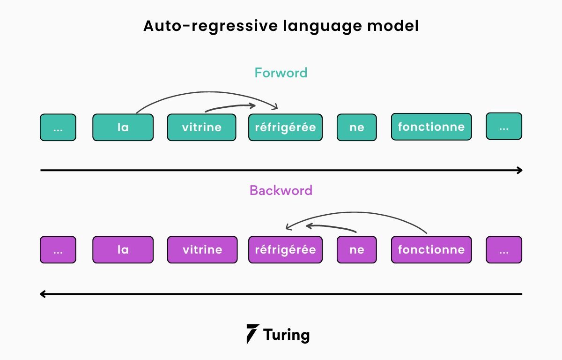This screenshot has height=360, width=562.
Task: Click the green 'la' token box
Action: (x=123, y=127)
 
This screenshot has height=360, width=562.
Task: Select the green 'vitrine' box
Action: (x=202, y=127)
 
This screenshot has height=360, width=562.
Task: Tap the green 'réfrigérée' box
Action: (x=285, y=127)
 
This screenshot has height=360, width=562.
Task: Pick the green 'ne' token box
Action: (x=356, y=127)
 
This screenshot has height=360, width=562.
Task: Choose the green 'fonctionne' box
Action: (x=431, y=127)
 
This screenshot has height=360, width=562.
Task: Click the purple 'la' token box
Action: (x=123, y=249)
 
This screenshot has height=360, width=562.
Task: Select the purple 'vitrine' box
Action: (x=202, y=249)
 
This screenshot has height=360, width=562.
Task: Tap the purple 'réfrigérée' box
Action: (x=285, y=249)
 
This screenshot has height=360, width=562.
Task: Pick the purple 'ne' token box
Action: (x=356, y=249)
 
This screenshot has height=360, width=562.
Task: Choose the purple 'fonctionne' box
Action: (x=431, y=249)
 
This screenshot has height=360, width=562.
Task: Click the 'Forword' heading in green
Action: (x=281, y=73)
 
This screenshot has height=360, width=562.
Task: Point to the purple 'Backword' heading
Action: (x=281, y=190)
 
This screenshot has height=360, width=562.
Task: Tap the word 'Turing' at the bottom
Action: (x=286, y=335)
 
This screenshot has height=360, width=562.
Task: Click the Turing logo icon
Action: (x=252, y=334)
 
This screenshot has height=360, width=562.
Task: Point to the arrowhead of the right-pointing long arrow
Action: (x=520, y=170)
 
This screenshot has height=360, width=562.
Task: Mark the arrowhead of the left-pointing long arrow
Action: (x=42, y=294)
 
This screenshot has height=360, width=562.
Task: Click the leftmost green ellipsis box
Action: (x=58, y=127)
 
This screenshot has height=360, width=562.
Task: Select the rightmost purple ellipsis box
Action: (x=504, y=249)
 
